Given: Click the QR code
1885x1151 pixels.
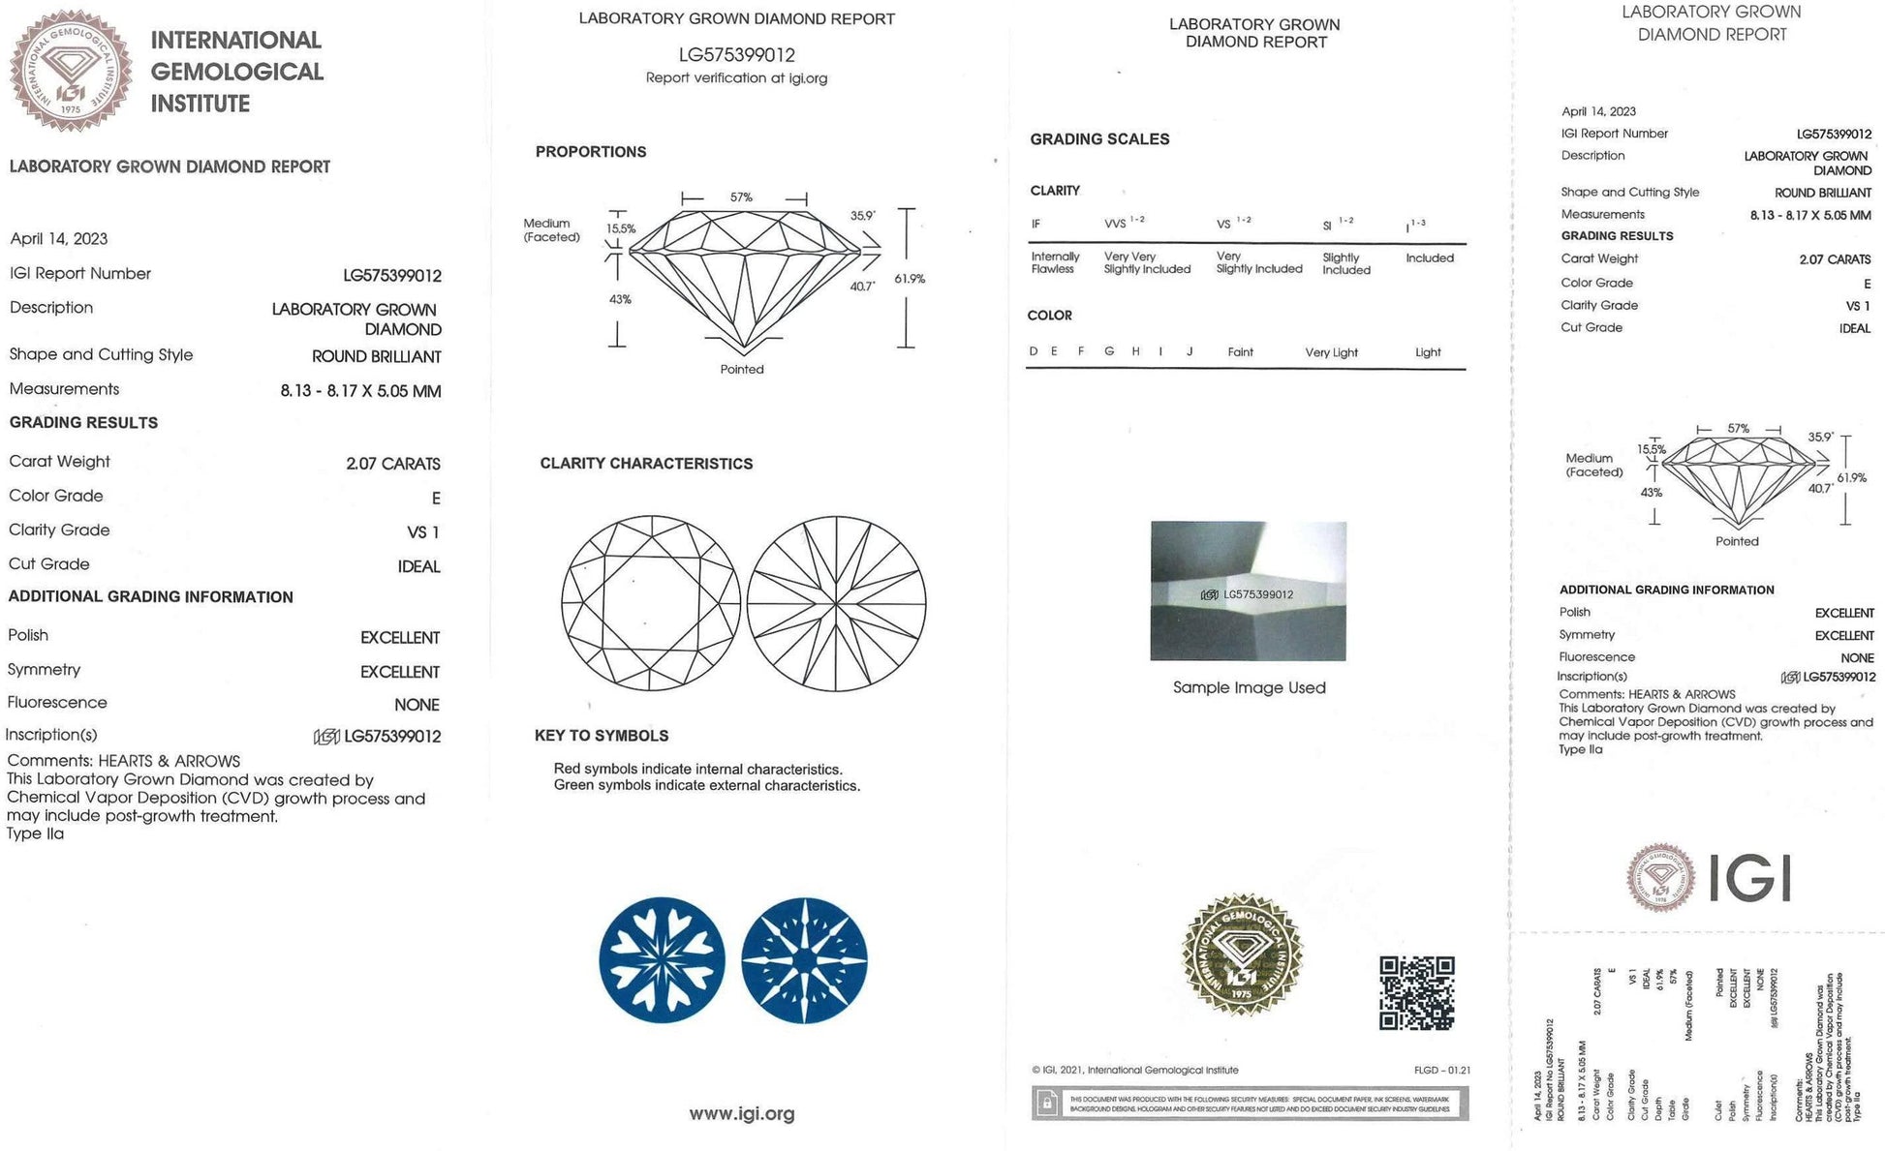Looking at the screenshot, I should point(1416,993).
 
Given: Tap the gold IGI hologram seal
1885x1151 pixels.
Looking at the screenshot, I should point(1242,955).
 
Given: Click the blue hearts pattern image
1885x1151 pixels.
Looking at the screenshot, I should point(662,959).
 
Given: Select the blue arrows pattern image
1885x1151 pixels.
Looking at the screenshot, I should point(804,959).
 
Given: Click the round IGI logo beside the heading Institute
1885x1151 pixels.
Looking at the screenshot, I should point(71,71).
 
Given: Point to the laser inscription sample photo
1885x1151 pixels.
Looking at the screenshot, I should point(1248,591).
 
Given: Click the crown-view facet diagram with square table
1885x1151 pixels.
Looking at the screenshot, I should point(651,603).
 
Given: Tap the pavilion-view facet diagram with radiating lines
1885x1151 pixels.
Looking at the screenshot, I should point(836,603).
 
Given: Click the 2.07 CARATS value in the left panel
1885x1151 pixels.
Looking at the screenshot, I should point(392,464).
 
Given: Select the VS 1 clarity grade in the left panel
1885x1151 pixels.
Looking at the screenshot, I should point(423,532).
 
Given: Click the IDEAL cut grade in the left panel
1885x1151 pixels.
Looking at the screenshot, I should point(418,566).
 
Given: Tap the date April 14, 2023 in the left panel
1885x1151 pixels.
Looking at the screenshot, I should point(59,239).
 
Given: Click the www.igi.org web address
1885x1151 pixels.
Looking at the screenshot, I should point(741,1114).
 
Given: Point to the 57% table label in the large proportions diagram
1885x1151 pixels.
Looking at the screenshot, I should point(741,197).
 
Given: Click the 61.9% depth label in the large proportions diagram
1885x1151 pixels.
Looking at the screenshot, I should point(910,279).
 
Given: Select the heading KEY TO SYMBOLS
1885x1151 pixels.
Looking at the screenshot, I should point(602,736).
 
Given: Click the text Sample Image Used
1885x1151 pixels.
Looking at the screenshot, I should point(1249,687).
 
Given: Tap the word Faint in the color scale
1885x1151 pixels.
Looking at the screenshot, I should point(1240,352).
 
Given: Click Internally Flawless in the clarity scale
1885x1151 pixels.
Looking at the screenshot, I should point(1054,263).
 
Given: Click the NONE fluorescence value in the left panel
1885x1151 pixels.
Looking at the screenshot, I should point(417,705).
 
